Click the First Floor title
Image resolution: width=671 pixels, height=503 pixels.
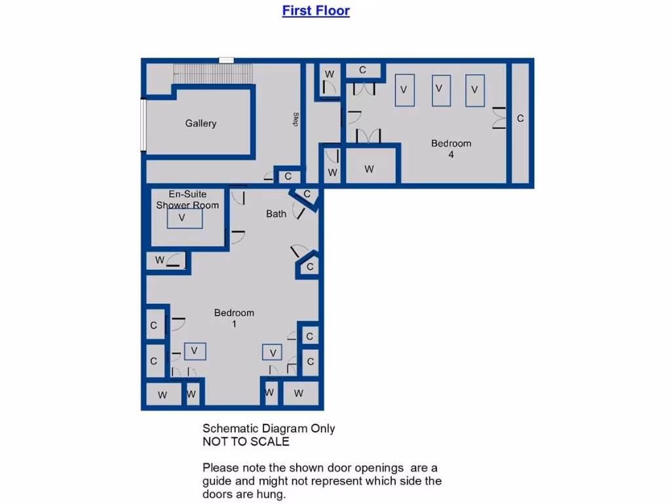point(316,10)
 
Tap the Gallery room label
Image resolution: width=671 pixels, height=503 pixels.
point(201,123)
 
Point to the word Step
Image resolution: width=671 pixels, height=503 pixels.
point(296,120)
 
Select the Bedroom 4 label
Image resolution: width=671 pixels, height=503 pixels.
point(451,149)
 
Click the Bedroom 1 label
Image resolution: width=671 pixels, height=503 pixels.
point(234,318)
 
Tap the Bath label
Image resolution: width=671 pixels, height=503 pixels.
point(276,214)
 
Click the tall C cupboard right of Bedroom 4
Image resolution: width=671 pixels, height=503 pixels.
point(520,121)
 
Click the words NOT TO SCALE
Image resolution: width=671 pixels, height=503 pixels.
point(246,441)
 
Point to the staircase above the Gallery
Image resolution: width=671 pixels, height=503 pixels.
point(212,73)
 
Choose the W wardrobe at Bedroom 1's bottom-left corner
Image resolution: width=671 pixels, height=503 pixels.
point(162,394)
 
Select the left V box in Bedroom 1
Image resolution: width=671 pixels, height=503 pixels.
point(195,351)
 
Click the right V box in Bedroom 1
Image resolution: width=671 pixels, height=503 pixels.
point(273,352)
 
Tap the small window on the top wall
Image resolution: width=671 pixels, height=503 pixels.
point(226,60)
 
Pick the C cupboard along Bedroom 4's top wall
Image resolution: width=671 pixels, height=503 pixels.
point(362,70)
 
